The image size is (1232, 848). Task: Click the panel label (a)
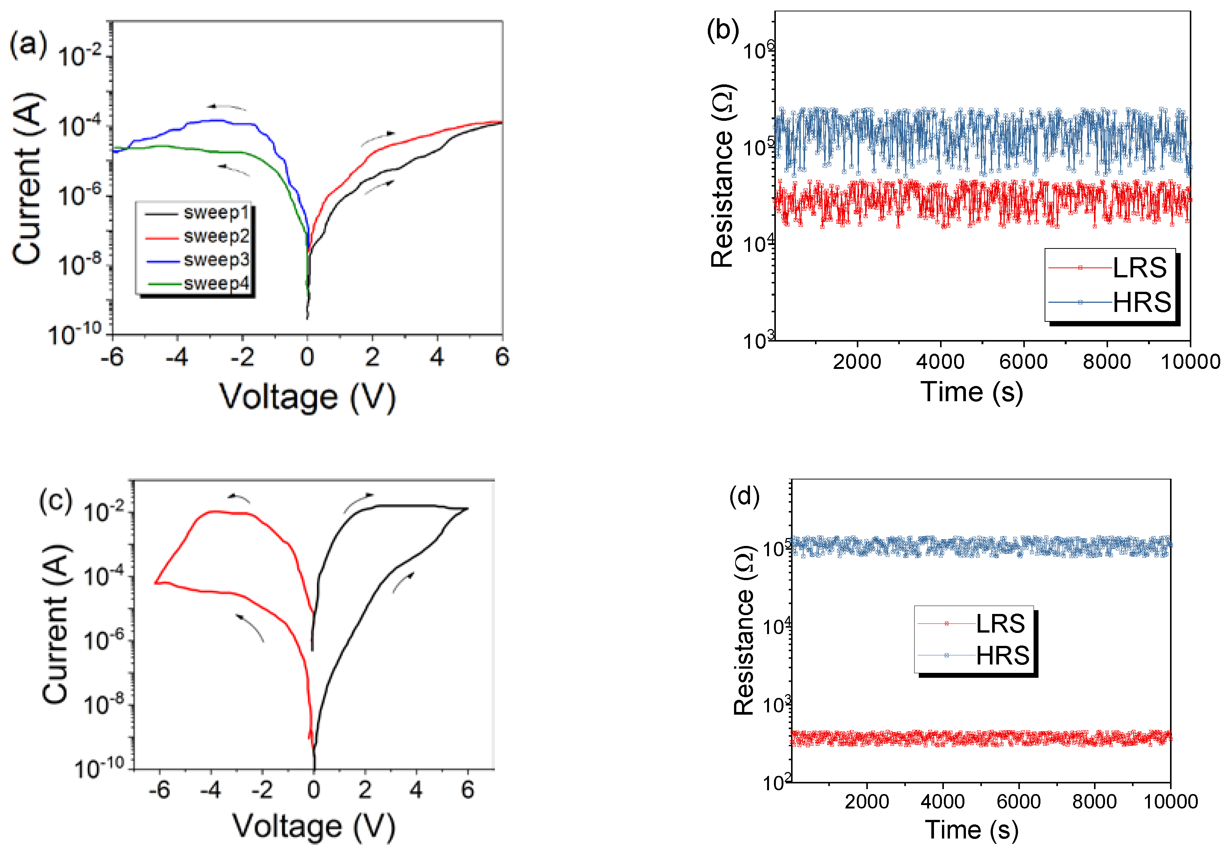pyautogui.click(x=28, y=45)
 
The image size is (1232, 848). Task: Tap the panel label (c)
pyautogui.click(x=55, y=501)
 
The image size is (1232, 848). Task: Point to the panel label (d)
pyautogui.click(x=744, y=496)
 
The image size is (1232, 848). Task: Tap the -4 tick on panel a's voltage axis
pyautogui.click(x=177, y=358)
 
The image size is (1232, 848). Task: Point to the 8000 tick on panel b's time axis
pyautogui.click(x=1107, y=362)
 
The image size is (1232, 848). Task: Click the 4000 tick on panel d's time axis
pyautogui.click(x=942, y=801)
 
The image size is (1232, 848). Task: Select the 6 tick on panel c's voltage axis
pyautogui.click(x=467, y=790)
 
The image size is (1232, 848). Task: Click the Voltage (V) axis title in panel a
pyautogui.click(x=308, y=397)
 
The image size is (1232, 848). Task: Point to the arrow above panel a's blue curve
pyautogui.click(x=227, y=108)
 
